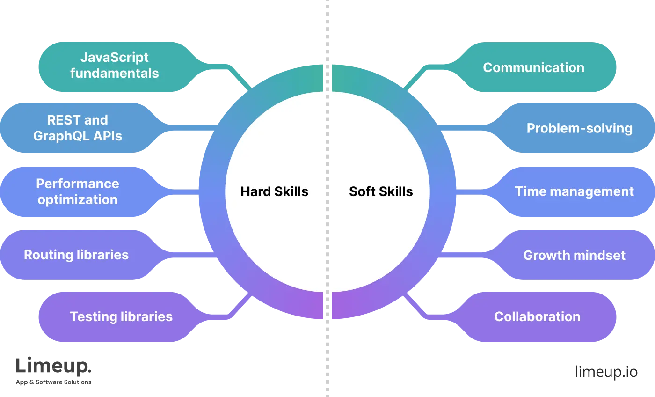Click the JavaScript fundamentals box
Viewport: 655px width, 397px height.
pyautogui.click(x=115, y=66)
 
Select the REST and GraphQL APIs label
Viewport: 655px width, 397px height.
pyautogui.click(x=78, y=128)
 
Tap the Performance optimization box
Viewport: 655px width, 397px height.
pyautogui.click(x=78, y=191)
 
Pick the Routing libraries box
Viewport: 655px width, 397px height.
pyautogui.click(x=76, y=255)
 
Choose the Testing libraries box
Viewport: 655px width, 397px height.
pyautogui.click(x=121, y=316)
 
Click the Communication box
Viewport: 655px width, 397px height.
pyautogui.click(x=533, y=67)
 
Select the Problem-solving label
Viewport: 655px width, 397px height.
pyautogui.click(x=579, y=128)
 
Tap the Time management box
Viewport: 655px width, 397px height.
pyautogui.click(x=574, y=191)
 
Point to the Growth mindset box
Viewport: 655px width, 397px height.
pyautogui.click(x=574, y=255)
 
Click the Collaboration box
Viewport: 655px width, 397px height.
pyautogui.click(x=537, y=316)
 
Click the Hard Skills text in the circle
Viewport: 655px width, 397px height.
pyautogui.click(x=274, y=191)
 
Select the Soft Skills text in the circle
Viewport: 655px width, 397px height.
pyautogui.click(x=381, y=191)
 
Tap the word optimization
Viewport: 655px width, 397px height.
pyautogui.click(x=78, y=199)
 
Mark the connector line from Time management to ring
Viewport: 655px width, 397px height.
pyautogui.click(x=473, y=191)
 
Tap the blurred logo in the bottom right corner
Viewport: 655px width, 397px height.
pyautogui.click(x=606, y=371)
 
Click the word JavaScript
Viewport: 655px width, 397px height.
pyautogui.click(x=115, y=57)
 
